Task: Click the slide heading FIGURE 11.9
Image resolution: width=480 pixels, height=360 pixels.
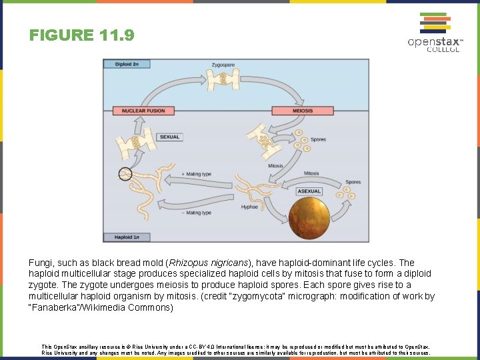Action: (x=82, y=35)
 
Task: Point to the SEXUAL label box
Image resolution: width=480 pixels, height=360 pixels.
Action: (x=169, y=137)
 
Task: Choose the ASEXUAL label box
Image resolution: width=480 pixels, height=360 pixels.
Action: (x=309, y=191)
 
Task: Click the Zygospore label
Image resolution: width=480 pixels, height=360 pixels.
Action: (x=223, y=65)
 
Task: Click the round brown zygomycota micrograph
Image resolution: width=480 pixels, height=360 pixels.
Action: (x=309, y=219)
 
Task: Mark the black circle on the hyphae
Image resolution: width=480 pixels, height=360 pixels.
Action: (x=125, y=175)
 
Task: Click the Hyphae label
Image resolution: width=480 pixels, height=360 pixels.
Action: (x=249, y=207)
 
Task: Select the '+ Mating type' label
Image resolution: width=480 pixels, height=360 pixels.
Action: (x=196, y=174)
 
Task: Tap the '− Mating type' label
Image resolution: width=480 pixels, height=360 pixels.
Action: (x=196, y=213)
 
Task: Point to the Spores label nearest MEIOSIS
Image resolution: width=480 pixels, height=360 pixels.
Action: (x=318, y=139)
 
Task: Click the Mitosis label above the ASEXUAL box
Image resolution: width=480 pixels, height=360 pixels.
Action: (x=311, y=173)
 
